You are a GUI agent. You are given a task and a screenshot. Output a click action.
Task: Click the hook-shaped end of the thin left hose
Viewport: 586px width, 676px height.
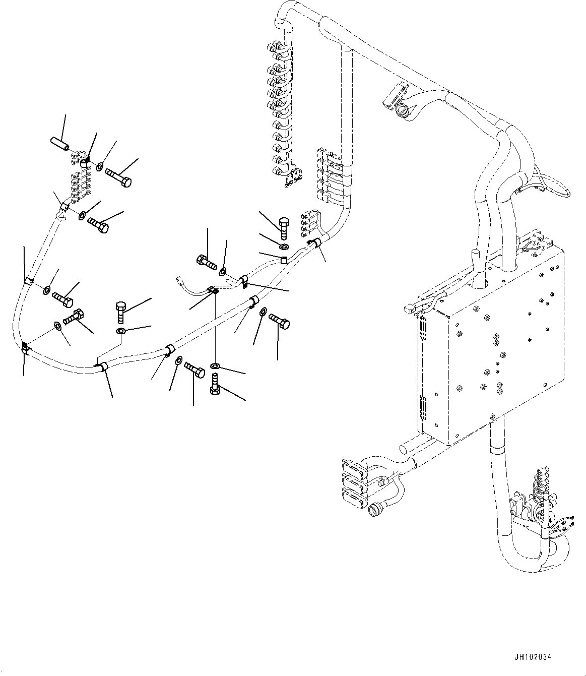[60, 215]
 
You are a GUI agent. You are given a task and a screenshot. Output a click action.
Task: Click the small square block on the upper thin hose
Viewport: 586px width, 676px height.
[284, 261]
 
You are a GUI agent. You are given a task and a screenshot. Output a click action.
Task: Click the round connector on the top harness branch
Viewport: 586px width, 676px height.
[403, 109]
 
